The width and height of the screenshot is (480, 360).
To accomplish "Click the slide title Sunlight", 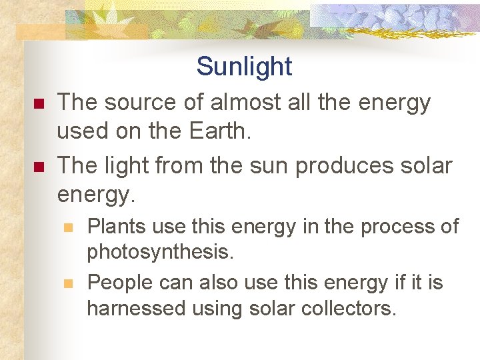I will [244, 67].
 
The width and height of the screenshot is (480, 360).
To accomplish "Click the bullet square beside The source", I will [38, 104].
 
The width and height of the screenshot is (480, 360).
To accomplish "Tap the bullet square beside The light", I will [38, 167].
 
